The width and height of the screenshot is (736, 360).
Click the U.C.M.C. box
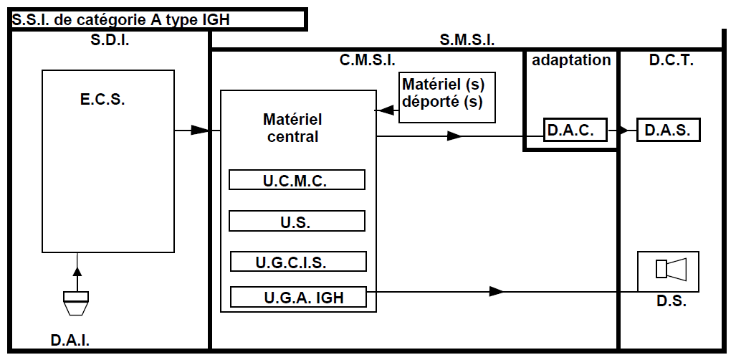coord(297,180)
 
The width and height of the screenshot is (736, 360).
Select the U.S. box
coord(297,222)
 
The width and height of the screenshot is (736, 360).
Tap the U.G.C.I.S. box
coord(298,262)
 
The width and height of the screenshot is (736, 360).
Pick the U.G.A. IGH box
coord(299,297)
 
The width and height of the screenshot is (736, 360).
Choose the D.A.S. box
coord(668,131)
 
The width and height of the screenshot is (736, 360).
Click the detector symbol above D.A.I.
coord(76,303)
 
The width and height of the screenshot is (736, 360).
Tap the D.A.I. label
coord(70,339)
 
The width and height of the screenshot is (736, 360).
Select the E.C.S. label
coord(102,100)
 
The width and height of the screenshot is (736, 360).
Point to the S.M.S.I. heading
coord(467,40)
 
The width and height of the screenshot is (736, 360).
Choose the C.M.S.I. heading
coord(367,60)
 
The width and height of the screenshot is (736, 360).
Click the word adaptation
coord(571,60)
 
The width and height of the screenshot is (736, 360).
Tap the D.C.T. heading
coord(671,60)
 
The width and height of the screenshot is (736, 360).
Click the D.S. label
coord(672,301)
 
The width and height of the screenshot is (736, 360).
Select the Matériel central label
coord(292,127)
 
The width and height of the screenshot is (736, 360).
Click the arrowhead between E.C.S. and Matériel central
coord(199,131)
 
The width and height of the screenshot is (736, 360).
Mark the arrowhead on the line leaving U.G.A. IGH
coord(496,291)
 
